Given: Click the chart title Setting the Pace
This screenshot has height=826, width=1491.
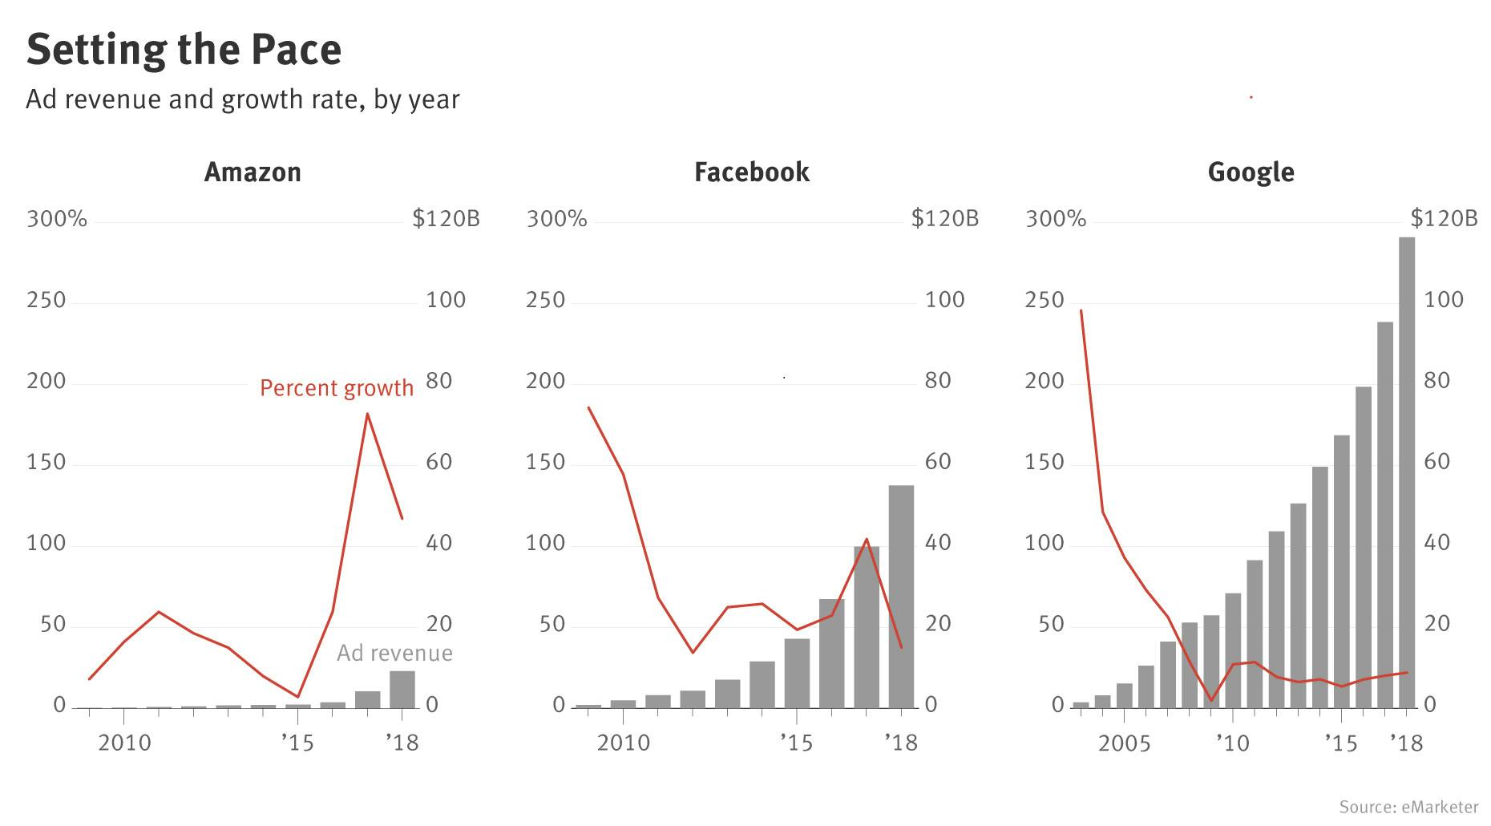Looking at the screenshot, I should [x=184, y=50].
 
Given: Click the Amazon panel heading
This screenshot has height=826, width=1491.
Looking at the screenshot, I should [x=253, y=172].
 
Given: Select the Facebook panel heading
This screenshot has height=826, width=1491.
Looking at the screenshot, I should [x=751, y=172].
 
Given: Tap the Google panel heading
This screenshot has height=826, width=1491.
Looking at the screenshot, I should [x=1251, y=172].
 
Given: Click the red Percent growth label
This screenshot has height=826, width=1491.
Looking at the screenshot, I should [x=337, y=389].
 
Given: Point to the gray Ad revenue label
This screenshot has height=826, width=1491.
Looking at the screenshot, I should [x=394, y=653].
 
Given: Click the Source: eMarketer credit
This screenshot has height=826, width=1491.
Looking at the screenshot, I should [x=1408, y=807].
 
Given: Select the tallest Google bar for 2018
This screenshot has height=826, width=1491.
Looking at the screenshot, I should [x=1407, y=473].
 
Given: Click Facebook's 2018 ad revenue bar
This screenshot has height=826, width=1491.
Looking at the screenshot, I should [x=901, y=597].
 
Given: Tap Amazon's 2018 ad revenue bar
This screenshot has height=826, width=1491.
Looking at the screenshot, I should [x=402, y=690].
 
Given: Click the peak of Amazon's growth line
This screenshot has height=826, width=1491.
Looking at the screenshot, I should [x=367, y=414].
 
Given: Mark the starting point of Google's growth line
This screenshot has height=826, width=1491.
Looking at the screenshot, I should [x=1081, y=310].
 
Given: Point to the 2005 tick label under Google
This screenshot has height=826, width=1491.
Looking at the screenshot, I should [x=1124, y=744].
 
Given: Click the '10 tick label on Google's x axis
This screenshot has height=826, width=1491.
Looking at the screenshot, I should [x=1233, y=744].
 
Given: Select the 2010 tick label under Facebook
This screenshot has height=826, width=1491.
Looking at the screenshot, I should [x=624, y=743].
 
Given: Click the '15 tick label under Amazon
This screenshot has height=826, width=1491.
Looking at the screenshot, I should [x=297, y=743].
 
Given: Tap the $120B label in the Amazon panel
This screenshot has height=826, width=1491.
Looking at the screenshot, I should [x=446, y=219].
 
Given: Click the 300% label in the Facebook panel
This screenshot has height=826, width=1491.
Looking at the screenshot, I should [x=556, y=219].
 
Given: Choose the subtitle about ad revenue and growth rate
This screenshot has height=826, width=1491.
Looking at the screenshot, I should [x=243, y=100].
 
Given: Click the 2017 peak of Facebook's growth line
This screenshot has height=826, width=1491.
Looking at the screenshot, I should [x=867, y=539].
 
